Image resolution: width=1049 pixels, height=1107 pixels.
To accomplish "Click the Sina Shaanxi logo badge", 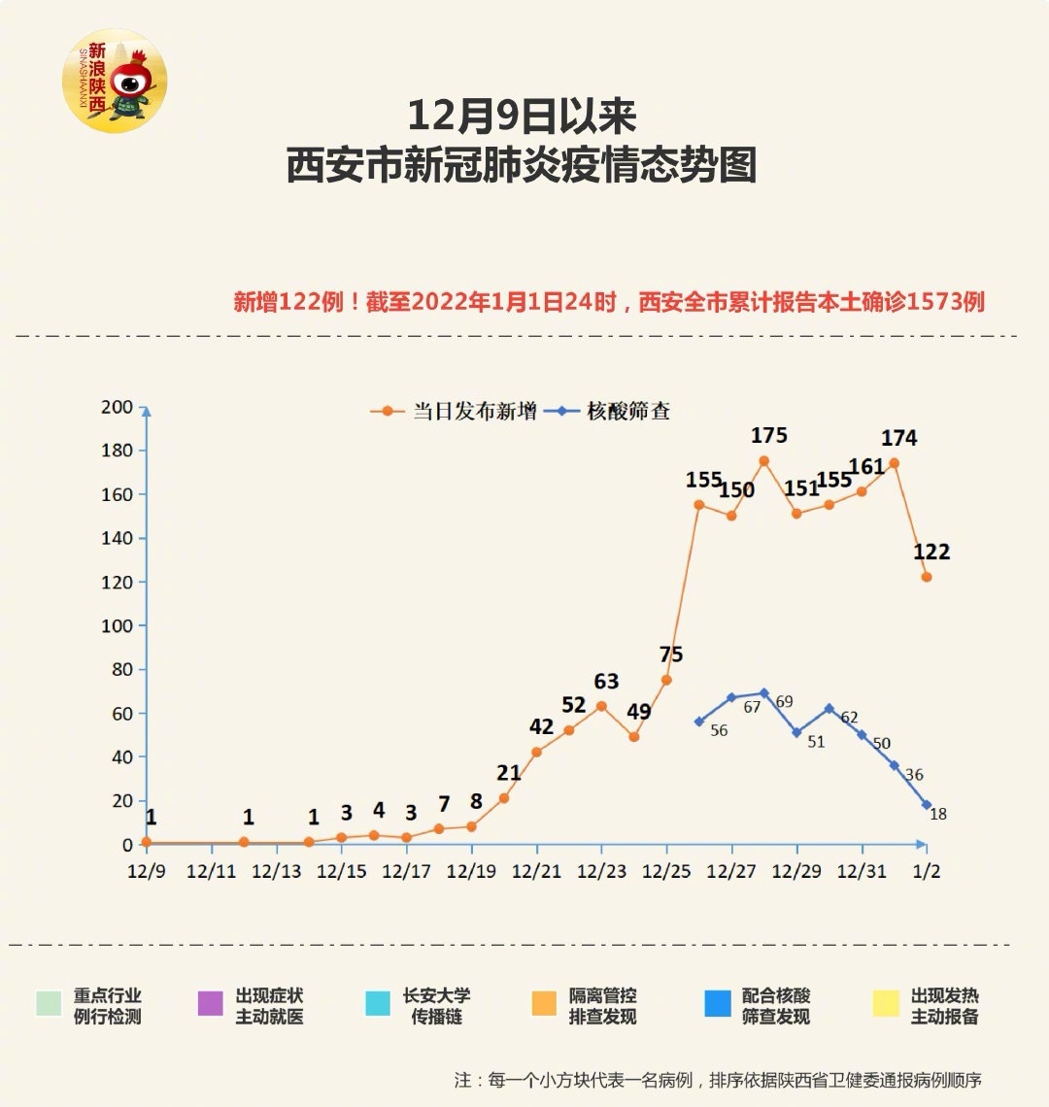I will pos(115,81).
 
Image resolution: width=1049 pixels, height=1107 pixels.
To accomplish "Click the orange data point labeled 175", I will pos(763,461).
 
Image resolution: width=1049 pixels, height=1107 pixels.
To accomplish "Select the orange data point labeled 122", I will pos(927,577).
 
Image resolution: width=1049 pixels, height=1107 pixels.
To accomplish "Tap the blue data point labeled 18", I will pos(927,805).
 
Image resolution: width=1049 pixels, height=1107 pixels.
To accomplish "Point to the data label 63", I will pos(606,682).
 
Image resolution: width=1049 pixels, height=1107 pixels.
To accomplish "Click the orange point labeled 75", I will pos(666,680).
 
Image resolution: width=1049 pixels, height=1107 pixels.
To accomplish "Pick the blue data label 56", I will pos(719,730).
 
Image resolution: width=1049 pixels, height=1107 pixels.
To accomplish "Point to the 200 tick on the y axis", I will pos(117,407).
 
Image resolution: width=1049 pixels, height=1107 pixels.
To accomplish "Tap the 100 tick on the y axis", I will pos(117,626).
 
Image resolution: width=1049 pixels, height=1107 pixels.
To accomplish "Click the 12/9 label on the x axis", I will pos(147,871).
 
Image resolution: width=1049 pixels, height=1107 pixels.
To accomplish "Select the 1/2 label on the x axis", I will pos(927,871).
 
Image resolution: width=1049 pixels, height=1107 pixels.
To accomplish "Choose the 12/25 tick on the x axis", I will pos(666,871).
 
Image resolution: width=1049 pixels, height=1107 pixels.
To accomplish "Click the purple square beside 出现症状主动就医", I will pos(210,1003).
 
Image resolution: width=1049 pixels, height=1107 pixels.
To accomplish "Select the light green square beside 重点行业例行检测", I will pos(49,1003).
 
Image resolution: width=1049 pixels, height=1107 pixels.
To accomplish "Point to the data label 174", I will pos(898,438).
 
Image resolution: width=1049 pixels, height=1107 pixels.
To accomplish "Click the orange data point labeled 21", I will pos(504,798).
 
